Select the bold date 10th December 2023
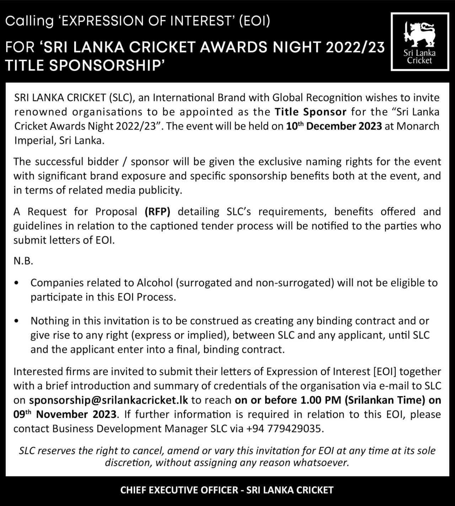click(334, 126)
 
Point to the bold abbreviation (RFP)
click(157, 212)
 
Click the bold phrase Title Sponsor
click(310, 112)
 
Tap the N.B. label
click(23, 262)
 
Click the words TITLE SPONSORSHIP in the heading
click(85, 65)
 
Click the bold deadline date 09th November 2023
click(65, 415)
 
